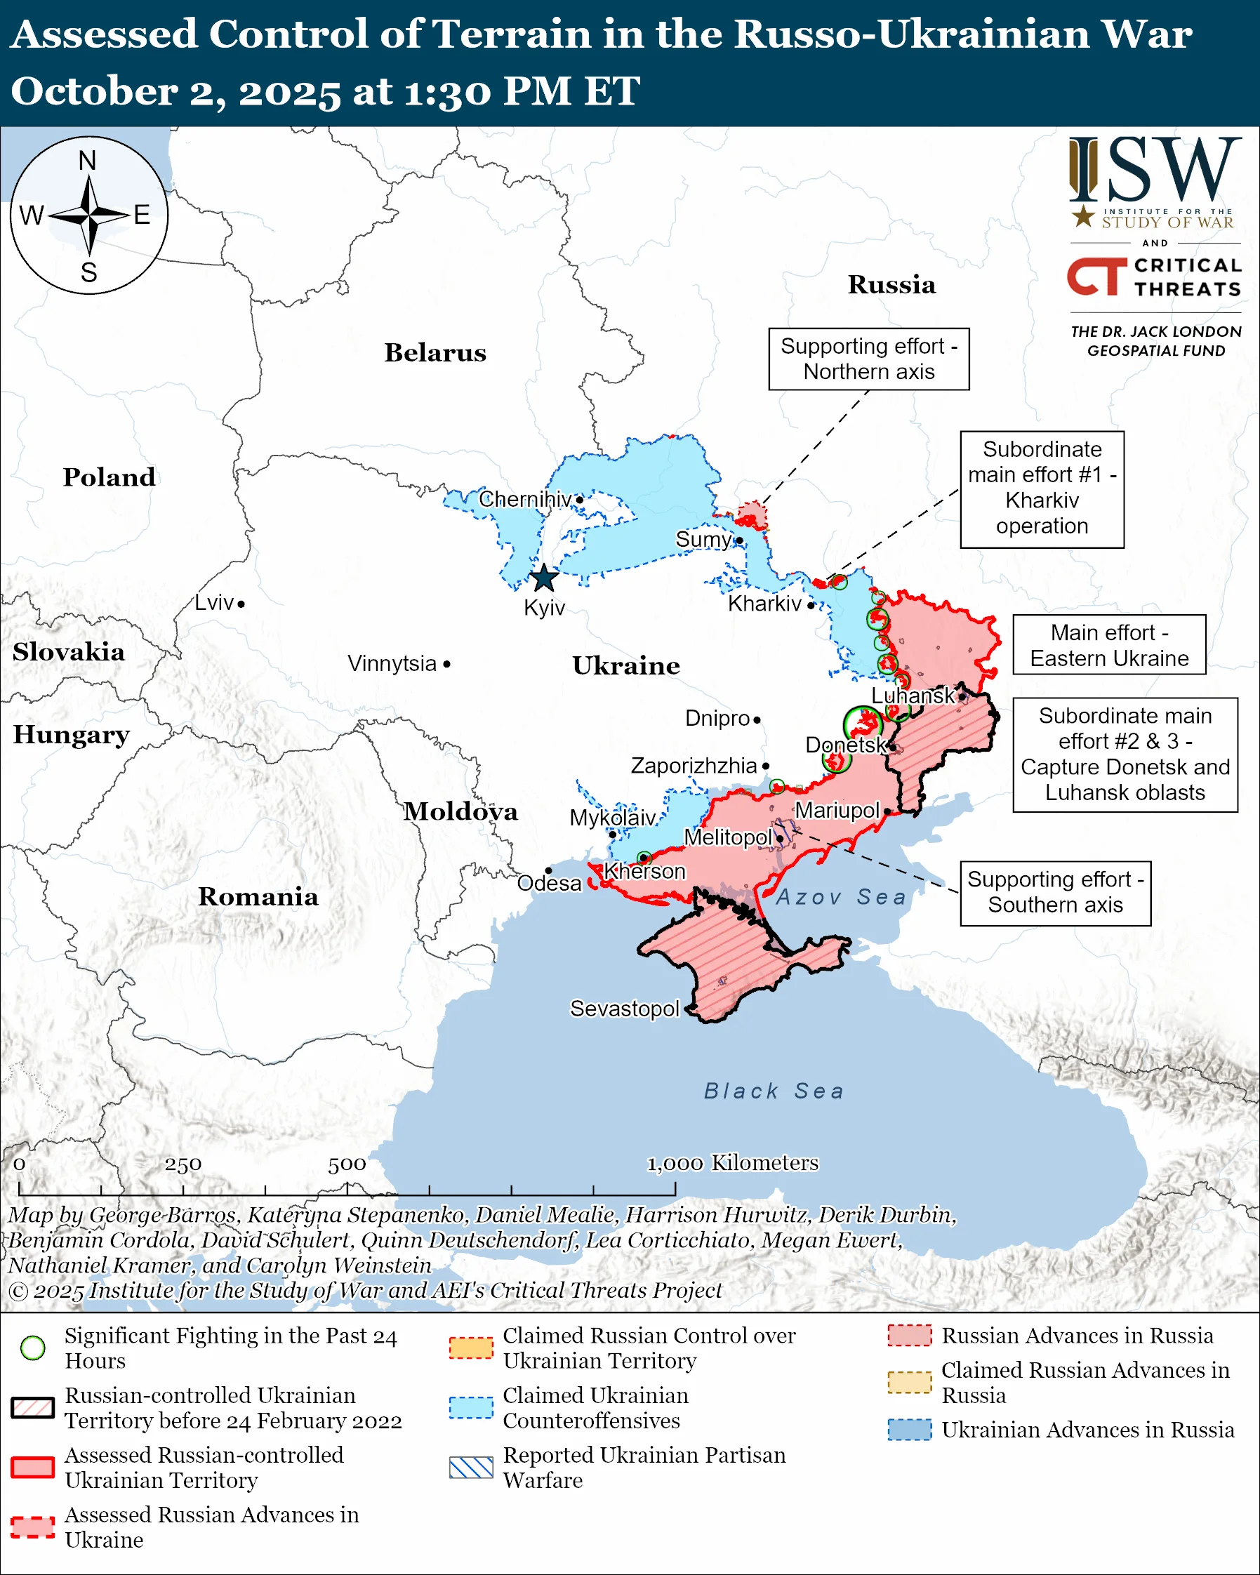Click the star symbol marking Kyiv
(x=543, y=578)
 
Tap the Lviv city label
(x=214, y=603)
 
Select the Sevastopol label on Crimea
(x=624, y=1008)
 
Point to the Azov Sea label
(x=841, y=896)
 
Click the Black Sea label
(x=774, y=1091)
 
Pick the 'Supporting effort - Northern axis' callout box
(x=868, y=359)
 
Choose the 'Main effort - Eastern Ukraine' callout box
(x=1108, y=645)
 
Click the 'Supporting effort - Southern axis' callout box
(x=1055, y=892)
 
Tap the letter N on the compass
(x=88, y=161)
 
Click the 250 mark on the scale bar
(x=183, y=1164)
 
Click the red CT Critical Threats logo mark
(x=1096, y=276)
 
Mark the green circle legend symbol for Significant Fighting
(x=33, y=1348)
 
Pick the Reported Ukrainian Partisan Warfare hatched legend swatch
(x=471, y=1467)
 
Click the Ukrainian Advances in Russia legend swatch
(x=910, y=1430)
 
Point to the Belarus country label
(x=435, y=353)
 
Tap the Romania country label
(x=258, y=896)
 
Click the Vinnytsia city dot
(x=447, y=664)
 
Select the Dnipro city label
(x=717, y=718)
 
